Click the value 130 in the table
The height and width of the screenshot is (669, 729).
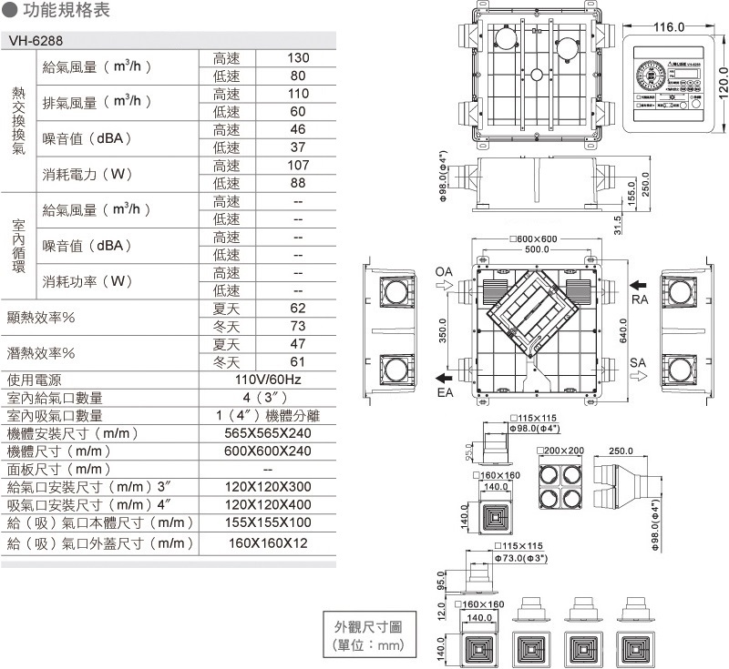pos(298,58)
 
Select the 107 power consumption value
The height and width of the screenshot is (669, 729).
pos(298,166)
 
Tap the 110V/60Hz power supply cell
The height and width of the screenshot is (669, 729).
pos(268,380)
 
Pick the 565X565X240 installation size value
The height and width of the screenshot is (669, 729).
pos(268,433)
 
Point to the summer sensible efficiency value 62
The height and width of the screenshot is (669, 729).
pos(298,309)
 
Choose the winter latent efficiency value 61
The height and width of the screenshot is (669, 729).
pos(298,362)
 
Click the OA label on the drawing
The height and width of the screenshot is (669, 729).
pos(444,271)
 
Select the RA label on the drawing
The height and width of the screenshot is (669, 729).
pos(640,299)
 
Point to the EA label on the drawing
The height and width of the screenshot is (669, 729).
pos(444,392)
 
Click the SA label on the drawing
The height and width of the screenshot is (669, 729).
pos(639,362)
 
